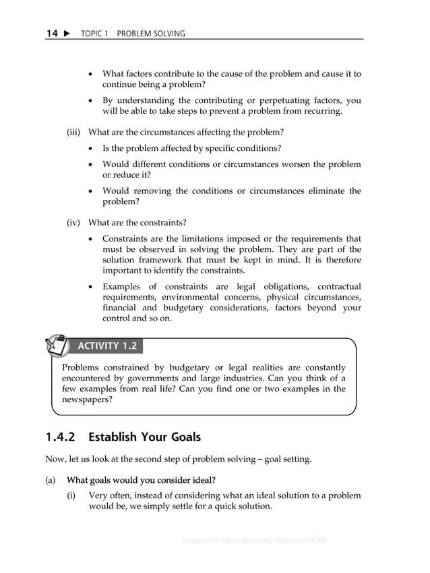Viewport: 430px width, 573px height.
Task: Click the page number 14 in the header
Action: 52,33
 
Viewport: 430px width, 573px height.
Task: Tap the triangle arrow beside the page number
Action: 67,33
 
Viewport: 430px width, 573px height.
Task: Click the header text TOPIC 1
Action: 94,34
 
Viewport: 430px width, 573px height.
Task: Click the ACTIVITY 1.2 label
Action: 108,346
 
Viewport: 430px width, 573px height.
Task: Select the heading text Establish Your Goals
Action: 144,437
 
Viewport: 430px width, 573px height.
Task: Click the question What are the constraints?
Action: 137,222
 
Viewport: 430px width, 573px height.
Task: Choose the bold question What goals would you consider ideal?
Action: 141,480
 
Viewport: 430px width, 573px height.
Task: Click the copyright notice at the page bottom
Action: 254,541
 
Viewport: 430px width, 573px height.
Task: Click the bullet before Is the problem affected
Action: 92,148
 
